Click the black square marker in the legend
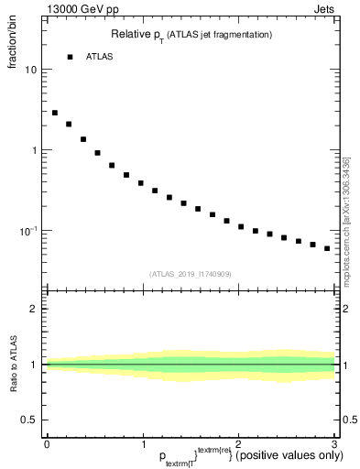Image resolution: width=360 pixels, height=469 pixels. (x=70, y=57)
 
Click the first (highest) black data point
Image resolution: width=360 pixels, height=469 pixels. (x=55, y=113)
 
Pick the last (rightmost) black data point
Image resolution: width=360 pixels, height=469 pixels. (x=327, y=248)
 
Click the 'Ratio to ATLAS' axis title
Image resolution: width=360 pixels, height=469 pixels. (x=13, y=365)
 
